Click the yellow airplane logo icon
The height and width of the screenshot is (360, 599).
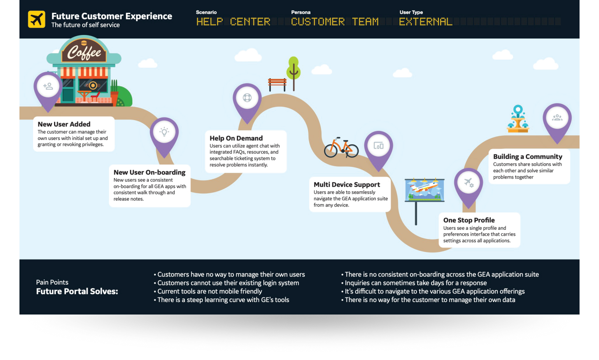coord(37,19)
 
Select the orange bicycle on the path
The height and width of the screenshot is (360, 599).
coord(341,148)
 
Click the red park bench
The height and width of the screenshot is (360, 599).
coord(277,83)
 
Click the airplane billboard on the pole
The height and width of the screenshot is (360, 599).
coord(424,190)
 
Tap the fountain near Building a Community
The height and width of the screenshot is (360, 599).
coord(518,119)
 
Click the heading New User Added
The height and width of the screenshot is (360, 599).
coord(64,124)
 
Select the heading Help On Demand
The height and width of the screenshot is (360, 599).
coord(236,138)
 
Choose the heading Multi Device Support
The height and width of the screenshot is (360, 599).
coord(347,185)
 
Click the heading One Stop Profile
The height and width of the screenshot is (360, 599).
coord(469,220)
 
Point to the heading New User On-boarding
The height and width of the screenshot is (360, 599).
coord(149,172)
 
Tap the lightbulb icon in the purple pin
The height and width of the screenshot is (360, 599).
coord(164,132)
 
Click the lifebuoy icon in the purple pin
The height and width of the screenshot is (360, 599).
coord(247,98)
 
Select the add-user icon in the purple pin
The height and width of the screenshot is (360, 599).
coord(48,86)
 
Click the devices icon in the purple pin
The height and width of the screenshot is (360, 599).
coord(378,145)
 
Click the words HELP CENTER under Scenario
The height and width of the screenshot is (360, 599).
coord(233,22)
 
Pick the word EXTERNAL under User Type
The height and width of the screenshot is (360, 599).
coord(426,22)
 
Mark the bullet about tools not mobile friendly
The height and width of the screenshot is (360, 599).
coord(209,292)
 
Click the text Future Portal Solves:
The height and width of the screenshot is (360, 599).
coord(77,292)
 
